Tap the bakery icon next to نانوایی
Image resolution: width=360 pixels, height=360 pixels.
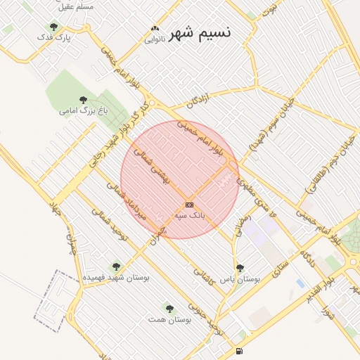coord(155,30)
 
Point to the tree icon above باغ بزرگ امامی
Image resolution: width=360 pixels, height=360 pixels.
coord(84,100)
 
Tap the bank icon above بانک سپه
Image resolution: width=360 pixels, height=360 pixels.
coord(188,204)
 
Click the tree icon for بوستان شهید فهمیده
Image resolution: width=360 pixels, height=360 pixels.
coord(116,266)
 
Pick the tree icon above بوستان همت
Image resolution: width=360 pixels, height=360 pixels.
coord(169,307)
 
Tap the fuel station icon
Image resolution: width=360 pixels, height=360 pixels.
coord(240,351)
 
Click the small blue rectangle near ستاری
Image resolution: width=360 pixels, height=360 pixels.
coord(301,283)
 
